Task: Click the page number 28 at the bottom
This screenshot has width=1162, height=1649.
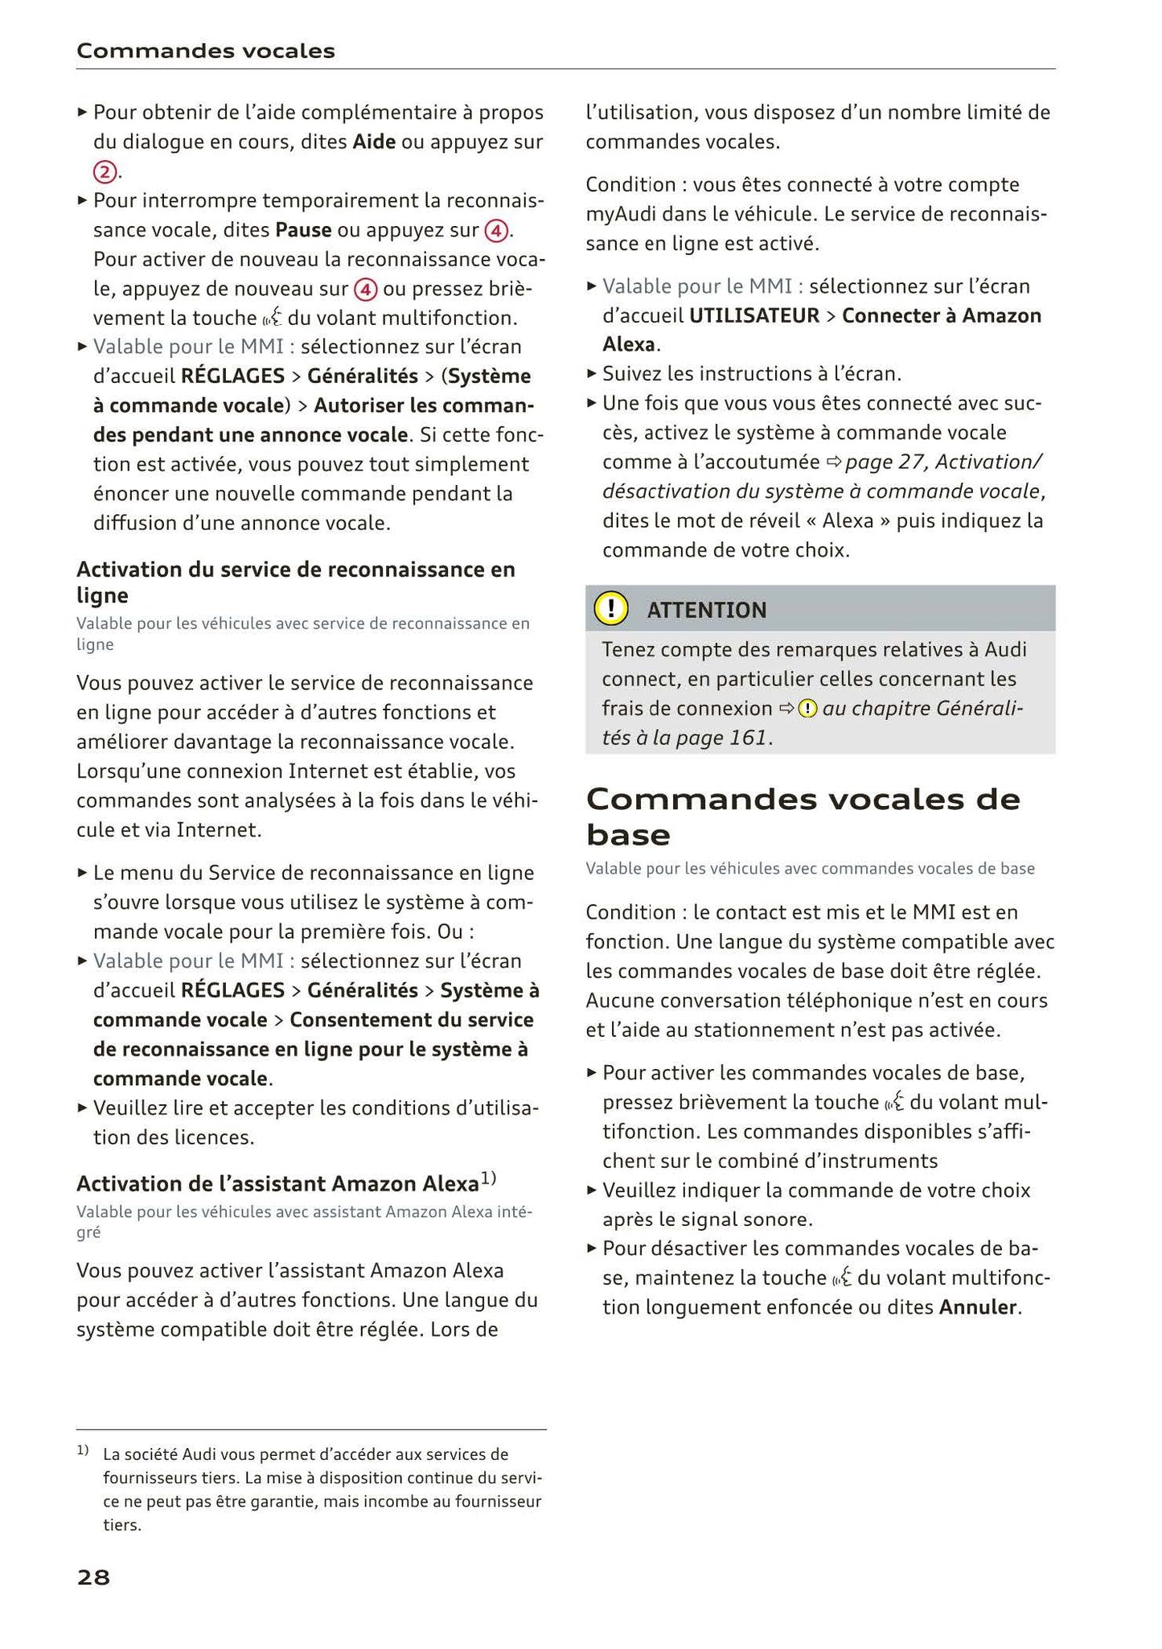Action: pyautogui.click(x=93, y=1577)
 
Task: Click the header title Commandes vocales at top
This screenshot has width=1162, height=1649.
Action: pyautogui.click(x=205, y=51)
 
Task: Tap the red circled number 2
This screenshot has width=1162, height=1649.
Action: pyautogui.click(x=105, y=171)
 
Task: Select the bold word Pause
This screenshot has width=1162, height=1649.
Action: pyautogui.click(x=303, y=230)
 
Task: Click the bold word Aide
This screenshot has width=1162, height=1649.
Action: pyautogui.click(x=374, y=142)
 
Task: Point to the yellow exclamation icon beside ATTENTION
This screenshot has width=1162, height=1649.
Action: pyautogui.click(x=611, y=609)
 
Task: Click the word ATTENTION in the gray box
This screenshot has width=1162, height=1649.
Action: pyautogui.click(x=706, y=610)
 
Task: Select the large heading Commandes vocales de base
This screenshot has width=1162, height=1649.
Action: pyautogui.click(x=802, y=816)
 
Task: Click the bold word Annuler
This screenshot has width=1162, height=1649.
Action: pyautogui.click(x=978, y=1306)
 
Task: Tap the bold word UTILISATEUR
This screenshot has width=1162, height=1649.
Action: pyautogui.click(x=753, y=315)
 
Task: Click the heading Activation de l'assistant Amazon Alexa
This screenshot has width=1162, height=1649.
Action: pyautogui.click(x=277, y=1183)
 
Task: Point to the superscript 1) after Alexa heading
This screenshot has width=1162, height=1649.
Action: pyautogui.click(x=489, y=1178)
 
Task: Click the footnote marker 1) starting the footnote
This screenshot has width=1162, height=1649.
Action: pyautogui.click(x=82, y=1451)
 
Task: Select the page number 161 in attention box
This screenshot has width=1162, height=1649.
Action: pyautogui.click(x=748, y=737)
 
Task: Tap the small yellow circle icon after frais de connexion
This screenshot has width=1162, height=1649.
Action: pyautogui.click(x=808, y=709)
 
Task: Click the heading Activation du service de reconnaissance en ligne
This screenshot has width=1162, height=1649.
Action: pyautogui.click(x=295, y=582)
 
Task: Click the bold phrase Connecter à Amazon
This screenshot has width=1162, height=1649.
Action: pyautogui.click(x=941, y=315)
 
